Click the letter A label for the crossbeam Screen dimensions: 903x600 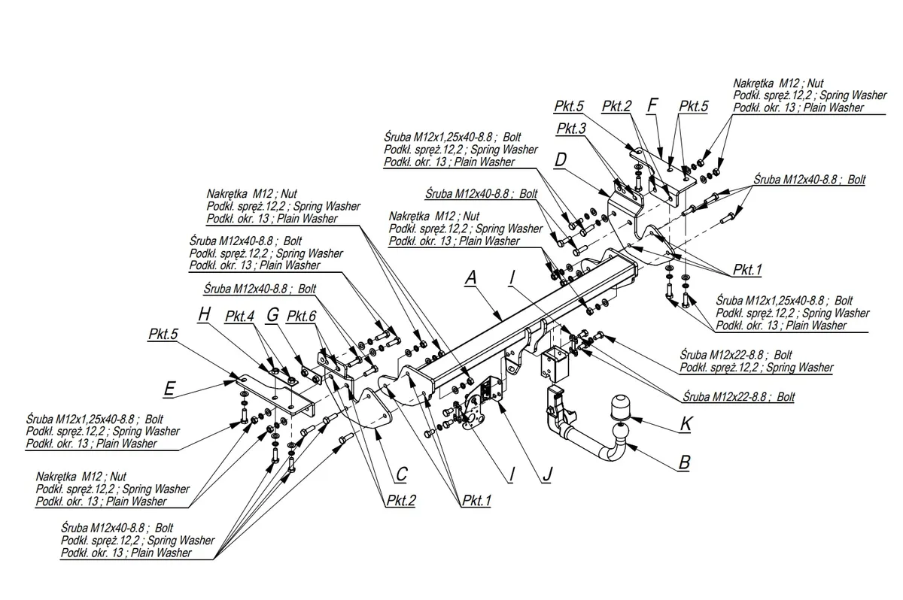pos(470,277)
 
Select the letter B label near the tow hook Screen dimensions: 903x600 pos(685,462)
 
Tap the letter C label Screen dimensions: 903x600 pos(402,474)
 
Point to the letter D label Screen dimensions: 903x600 pos(561,160)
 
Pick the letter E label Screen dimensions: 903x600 pos(170,389)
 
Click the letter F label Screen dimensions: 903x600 pos(652,105)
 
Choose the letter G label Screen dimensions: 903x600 pos(273,315)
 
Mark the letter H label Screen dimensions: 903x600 pos(205,314)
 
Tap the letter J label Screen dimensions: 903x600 pos(547,474)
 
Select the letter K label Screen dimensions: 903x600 pos(686,423)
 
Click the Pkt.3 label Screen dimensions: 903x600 pos(571,129)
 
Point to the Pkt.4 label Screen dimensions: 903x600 pos(239,317)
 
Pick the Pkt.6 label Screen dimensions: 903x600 pos(301,317)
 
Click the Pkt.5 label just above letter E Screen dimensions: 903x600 pos(163,335)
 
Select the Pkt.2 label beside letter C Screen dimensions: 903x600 pos(401,501)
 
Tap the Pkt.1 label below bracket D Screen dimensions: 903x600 pos(747,269)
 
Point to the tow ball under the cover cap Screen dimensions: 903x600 pos(620,432)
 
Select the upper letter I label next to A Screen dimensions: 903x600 pos(512,277)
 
